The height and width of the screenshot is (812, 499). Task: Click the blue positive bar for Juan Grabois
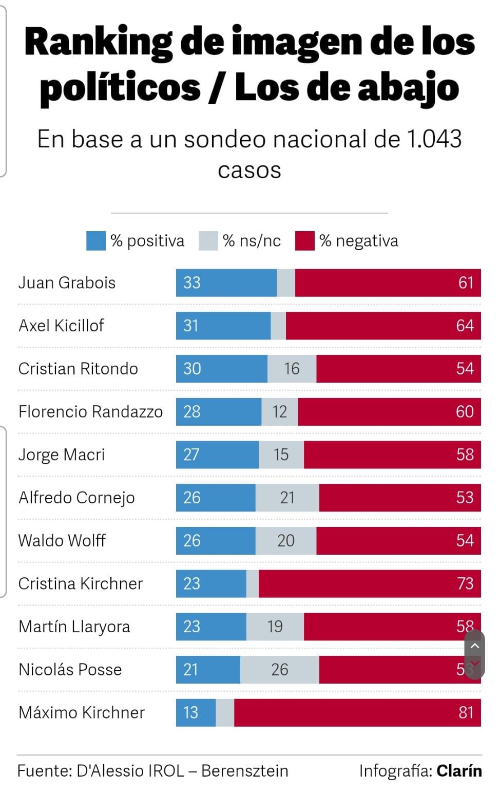(x=226, y=282)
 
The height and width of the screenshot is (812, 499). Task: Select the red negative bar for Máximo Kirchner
(x=357, y=712)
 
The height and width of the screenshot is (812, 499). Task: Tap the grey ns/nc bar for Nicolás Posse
(x=279, y=669)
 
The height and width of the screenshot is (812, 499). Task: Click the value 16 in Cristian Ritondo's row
(x=292, y=368)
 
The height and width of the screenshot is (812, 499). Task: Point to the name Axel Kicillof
(x=61, y=326)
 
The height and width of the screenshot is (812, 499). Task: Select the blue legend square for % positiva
(x=95, y=241)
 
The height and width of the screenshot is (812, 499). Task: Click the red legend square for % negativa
(x=304, y=241)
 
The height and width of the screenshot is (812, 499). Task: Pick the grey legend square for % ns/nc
(x=208, y=241)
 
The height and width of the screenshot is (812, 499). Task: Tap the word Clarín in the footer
(x=459, y=771)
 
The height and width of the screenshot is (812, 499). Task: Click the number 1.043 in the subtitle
(x=434, y=139)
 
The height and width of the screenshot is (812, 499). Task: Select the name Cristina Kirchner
(x=81, y=583)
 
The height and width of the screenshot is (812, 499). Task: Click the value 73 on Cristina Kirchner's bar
(x=465, y=583)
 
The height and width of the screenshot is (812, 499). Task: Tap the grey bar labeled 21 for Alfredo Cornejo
(x=287, y=497)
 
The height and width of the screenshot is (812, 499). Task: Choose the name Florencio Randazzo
(x=90, y=411)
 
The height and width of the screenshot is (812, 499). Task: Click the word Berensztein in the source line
(x=244, y=771)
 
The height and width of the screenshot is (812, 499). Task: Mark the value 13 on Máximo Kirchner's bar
(x=190, y=712)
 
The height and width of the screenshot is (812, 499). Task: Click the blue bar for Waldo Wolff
(x=216, y=540)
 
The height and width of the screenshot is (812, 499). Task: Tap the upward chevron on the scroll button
(x=475, y=646)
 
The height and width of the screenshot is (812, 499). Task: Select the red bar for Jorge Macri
(x=392, y=455)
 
